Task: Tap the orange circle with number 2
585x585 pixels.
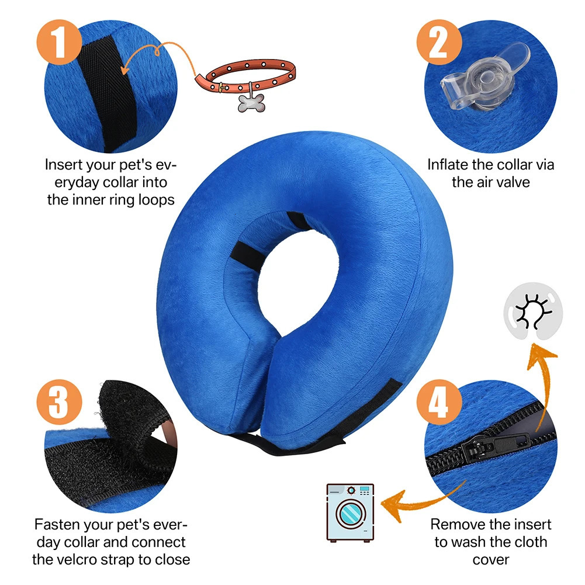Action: pos(438,41)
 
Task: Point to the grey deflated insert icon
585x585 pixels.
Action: pos(531,314)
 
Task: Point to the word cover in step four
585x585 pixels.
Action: pos(490,559)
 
